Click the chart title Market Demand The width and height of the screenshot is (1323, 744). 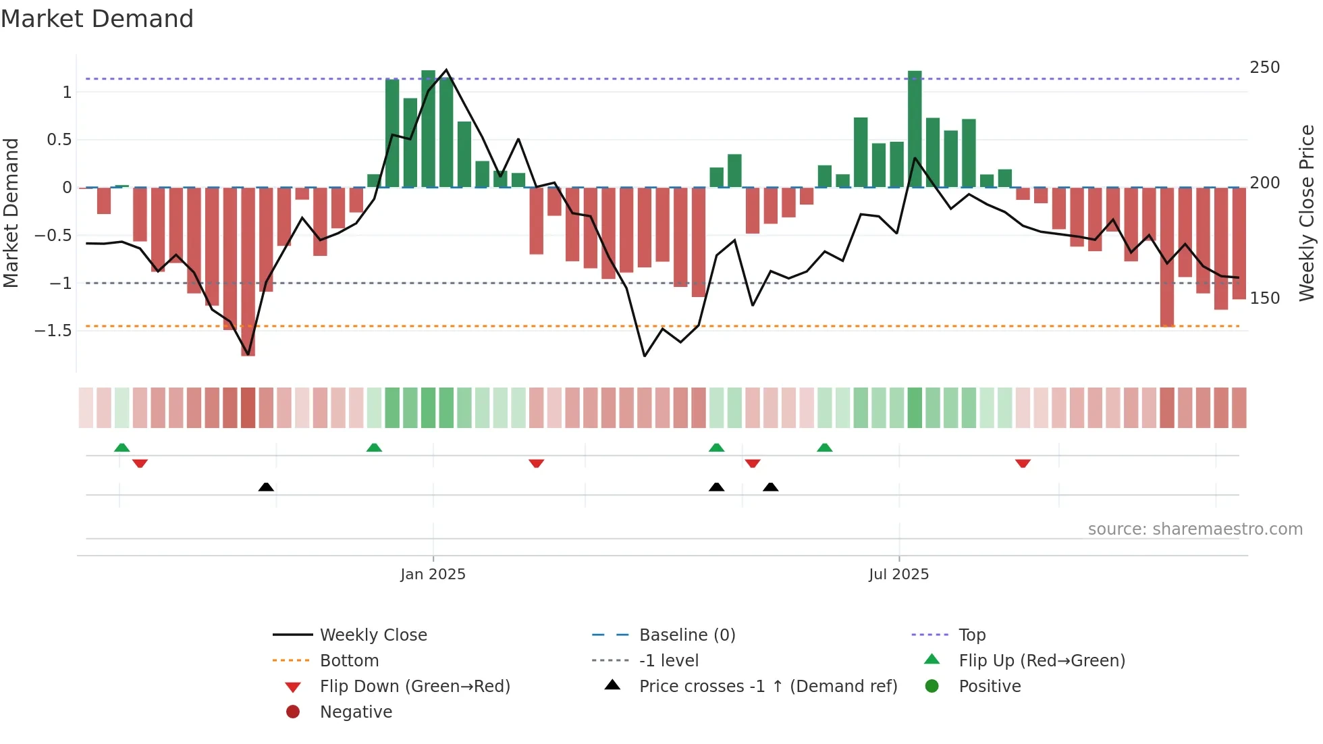point(97,19)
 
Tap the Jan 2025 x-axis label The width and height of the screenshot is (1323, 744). point(433,575)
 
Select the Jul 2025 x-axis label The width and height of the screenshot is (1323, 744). point(898,575)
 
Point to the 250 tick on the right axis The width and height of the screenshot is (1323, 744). point(1264,68)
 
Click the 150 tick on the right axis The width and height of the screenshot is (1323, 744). point(1264,298)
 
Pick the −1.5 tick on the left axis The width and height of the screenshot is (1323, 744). point(53,331)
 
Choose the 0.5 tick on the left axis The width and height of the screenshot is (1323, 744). point(59,140)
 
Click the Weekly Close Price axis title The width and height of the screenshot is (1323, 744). point(1307,213)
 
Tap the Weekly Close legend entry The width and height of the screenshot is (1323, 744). point(373,635)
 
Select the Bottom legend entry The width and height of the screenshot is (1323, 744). point(349,661)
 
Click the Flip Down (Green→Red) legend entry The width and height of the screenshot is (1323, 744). point(414,687)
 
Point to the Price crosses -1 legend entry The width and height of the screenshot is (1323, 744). point(767,687)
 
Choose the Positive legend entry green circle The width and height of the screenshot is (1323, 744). point(932,687)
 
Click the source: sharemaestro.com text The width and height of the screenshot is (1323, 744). point(1195,529)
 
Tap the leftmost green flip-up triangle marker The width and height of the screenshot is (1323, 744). point(122,448)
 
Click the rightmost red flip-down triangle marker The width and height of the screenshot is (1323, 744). point(1023,463)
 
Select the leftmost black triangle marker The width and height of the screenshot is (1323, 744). point(266,487)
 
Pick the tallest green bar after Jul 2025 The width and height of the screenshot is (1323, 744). point(915,128)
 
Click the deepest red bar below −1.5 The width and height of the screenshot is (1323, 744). point(248,270)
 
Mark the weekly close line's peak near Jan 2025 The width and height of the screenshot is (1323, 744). point(446,70)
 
